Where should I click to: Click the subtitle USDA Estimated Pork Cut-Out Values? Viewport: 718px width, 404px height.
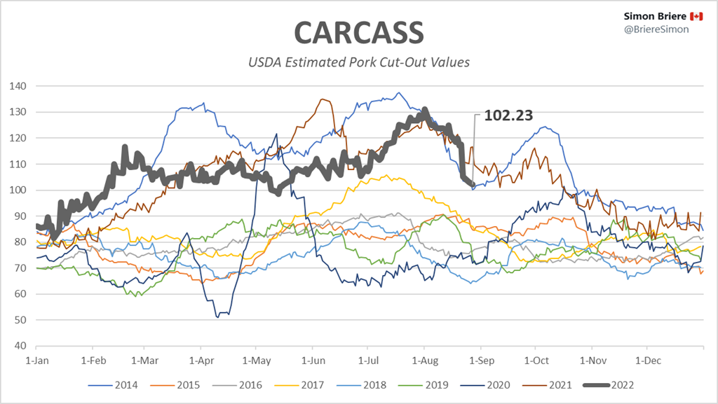358,62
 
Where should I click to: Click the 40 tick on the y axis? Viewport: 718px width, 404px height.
20,346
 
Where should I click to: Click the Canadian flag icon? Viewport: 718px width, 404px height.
696,16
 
